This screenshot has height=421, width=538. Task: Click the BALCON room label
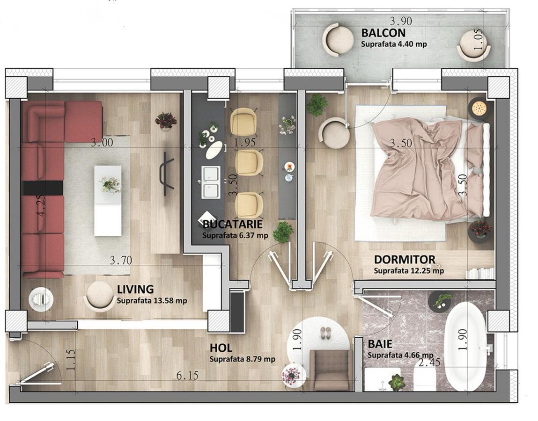click(x=383, y=33)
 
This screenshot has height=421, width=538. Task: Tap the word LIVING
click(x=135, y=290)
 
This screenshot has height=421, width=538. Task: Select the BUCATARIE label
click(x=233, y=224)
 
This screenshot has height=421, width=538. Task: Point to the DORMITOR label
click(x=405, y=260)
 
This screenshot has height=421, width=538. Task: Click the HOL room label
click(x=221, y=348)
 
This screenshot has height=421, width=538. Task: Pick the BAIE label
click(x=380, y=344)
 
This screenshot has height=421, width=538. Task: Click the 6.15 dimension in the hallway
click(x=187, y=376)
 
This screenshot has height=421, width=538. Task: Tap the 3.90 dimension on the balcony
click(x=401, y=21)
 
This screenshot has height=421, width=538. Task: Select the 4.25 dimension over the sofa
click(x=41, y=206)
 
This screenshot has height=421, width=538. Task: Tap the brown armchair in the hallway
click(x=331, y=370)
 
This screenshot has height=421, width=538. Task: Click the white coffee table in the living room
click(x=108, y=201)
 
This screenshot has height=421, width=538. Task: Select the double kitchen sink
click(x=211, y=182)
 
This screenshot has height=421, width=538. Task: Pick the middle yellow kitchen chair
click(x=249, y=162)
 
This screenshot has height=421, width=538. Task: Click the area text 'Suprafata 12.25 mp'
click(x=409, y=270)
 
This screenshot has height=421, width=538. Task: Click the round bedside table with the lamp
click(x=479, y=109)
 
